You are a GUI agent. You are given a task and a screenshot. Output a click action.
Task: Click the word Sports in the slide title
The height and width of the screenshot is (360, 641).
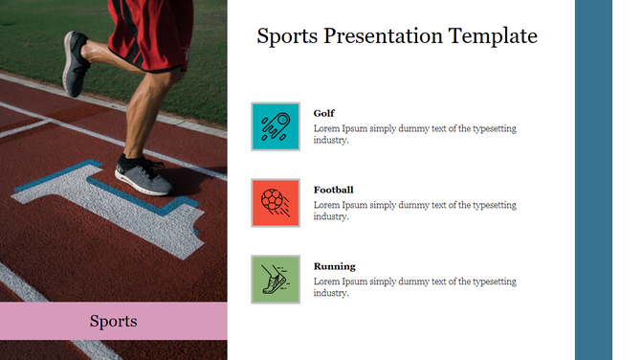287,37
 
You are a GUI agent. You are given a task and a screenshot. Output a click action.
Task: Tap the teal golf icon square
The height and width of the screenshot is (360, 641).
276,126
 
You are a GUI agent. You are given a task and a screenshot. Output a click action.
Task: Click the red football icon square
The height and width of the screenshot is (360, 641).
276,203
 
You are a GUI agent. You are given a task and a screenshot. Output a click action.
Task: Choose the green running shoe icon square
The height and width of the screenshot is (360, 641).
276,280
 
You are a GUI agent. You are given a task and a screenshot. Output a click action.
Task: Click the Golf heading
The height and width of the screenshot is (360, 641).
324,113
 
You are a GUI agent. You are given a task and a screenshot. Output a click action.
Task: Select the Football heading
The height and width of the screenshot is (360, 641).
333,190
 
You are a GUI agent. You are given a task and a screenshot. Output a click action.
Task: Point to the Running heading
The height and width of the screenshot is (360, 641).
334,266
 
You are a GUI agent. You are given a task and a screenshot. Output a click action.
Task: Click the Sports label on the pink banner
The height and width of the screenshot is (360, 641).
113,321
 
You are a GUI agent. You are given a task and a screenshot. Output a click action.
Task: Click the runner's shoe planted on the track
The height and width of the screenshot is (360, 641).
143,174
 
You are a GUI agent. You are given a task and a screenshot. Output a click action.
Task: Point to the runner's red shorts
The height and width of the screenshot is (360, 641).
148,34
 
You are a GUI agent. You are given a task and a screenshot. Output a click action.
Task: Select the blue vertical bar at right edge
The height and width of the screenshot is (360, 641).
593,180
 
